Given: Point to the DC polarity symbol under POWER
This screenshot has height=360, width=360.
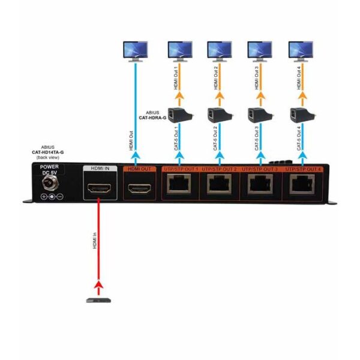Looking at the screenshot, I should tap(52, 196).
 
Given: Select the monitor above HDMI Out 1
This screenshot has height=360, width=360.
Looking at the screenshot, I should tap(179, 50).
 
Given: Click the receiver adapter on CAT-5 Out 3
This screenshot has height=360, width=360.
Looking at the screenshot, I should tap(259, 112).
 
